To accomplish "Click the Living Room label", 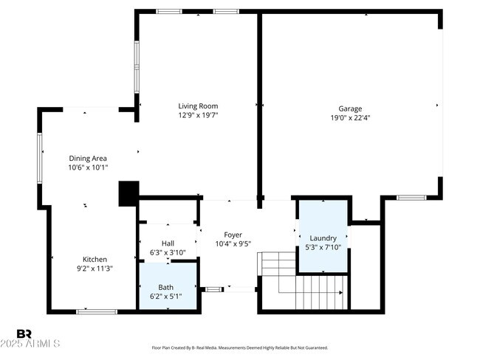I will pos(198,106).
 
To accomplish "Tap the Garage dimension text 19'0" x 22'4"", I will pos(350,117).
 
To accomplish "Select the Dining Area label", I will pos(88,158).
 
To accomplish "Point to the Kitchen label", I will pos(95,259).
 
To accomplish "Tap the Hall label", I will pos(168,243).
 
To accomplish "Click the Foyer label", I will pos(233,235).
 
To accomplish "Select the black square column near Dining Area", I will pos(128,193).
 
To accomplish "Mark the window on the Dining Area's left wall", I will pos(40,157).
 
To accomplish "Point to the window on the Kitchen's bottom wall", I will pos(97,311).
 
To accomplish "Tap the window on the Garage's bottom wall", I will pos(411,198).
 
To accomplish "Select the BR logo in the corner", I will pos(24,334).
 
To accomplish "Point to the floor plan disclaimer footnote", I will pos(239,347).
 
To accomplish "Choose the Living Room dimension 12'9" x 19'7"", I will pos(198,115).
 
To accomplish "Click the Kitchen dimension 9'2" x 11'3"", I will pos(95,269).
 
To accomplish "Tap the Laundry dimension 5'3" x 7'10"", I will pos(323,247).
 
